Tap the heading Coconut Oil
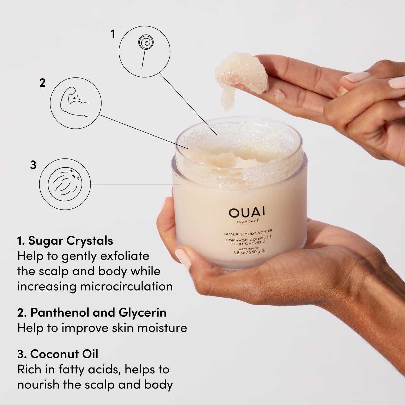tap(64, 354)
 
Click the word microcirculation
tap(127, 286)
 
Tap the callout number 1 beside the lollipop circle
tap(113, 34)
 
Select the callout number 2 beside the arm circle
tap(42, 83)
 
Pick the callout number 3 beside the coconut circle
tap(33, 165)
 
